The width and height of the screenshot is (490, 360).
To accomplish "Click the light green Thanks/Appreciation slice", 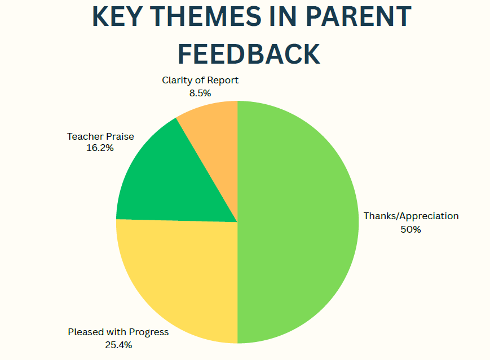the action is click(297, 222).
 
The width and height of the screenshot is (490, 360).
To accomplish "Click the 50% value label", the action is click(410, 229).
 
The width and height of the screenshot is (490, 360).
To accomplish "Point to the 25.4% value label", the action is click(118, 345).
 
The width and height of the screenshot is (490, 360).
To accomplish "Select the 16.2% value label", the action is click(100, 148).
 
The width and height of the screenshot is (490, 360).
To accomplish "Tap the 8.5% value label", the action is click(200, 93).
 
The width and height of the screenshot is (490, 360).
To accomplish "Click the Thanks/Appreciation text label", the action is click(411, 216).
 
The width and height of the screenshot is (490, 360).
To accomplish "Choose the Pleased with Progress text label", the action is click(118, 332).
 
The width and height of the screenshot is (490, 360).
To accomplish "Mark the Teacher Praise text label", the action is click(100, 136).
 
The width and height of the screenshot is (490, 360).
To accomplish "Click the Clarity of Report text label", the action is click(200, 81).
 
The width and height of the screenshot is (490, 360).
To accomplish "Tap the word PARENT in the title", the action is click(358, 16).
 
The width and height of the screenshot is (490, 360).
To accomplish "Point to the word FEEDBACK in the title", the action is click(249, 54).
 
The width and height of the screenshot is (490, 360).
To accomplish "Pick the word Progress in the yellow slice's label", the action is click(149, 332).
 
